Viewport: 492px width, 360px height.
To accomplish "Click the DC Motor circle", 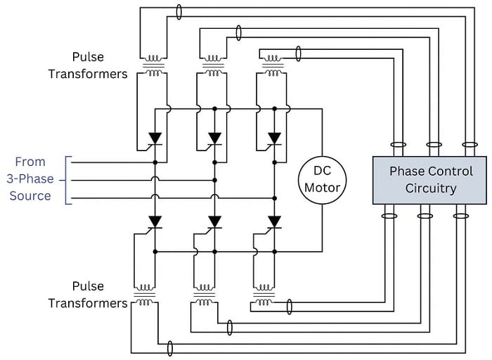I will (x=322, y=179).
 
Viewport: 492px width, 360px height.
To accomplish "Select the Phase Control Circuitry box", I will (x=429, y=180).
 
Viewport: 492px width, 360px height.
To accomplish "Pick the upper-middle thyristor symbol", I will (x=214, y=138).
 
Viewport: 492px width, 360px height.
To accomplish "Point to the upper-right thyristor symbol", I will (x=274, y=138).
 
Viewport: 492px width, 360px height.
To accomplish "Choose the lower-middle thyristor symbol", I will (x=214, y=221).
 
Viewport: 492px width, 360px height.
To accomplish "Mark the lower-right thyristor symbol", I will (x=274, y=221).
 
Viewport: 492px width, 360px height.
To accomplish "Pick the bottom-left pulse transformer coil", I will (x=144, y=295).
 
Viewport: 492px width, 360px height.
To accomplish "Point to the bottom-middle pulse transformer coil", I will (x=204, y=295).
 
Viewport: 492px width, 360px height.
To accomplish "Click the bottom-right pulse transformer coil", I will (x=264, y=295).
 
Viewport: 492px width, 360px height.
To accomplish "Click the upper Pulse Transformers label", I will (x=88, y=64).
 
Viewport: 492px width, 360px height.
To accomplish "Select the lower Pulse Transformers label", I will (x=88, y=295).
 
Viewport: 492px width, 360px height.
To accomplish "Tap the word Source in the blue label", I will (x=30, y=195).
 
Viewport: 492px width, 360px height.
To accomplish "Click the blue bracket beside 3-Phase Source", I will (x=67, y=180).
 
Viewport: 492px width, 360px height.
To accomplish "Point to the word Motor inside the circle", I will (x=322, y=188).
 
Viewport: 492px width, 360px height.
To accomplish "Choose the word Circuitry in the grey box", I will (x=431, y=188).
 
